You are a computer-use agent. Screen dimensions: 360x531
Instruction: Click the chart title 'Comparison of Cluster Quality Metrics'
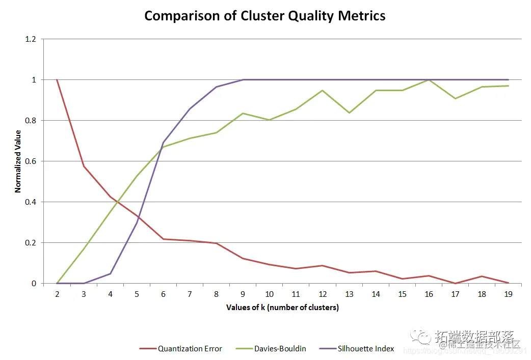(264, 16)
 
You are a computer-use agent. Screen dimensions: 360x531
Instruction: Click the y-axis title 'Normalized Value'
(18, 161)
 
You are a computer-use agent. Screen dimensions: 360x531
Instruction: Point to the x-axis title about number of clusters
(282, 308)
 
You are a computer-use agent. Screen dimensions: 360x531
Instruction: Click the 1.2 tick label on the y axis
(31, 39)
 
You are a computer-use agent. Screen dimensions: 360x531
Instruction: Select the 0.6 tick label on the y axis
(31, 161)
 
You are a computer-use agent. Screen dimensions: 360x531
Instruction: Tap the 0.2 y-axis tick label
(31, 243)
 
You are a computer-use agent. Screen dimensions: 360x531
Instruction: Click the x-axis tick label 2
(57, 294)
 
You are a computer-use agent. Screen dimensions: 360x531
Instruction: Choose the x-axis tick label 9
(243, 294)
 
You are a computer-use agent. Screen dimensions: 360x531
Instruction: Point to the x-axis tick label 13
(349, 294)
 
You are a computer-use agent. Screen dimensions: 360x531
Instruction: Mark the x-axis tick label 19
(508, 294)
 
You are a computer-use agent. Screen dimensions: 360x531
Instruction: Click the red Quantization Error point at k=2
(57, 80)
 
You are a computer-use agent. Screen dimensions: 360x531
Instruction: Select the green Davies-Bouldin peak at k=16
(429, 80)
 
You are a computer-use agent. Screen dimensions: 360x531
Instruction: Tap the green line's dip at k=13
(349, 113)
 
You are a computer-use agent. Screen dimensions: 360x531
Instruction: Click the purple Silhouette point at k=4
(110, 274)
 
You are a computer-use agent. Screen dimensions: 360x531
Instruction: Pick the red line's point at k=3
(84, 167)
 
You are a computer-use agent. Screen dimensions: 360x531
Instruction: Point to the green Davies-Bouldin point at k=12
(323, 91)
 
